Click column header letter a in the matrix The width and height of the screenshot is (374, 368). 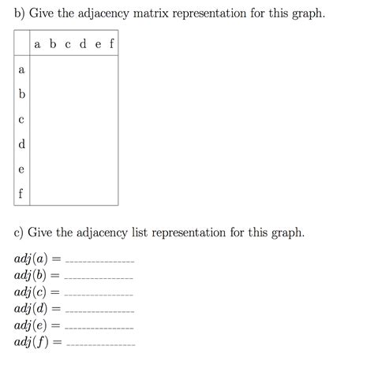point(37,45)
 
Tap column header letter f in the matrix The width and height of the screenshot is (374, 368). point(111,44)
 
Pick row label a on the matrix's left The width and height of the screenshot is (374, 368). point(21,70)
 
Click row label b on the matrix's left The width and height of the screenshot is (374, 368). point(21,95)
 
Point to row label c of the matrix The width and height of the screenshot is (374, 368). point(21,120)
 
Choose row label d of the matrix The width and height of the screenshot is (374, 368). point(21,143)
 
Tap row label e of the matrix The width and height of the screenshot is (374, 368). point(21,169)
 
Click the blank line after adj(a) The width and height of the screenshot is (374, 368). point(99,261)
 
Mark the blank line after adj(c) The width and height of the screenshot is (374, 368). point(99,294)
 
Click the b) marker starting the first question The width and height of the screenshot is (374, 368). point(20,15)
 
